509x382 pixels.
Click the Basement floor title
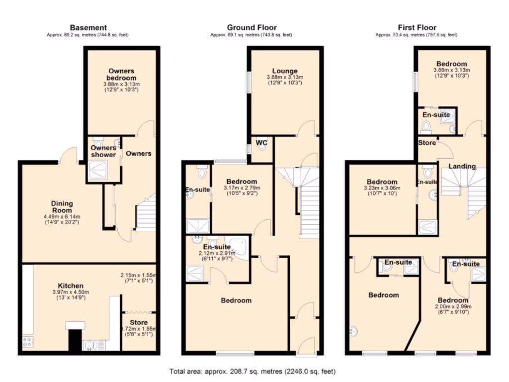pos(88,27)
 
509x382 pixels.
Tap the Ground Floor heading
pos(252,27)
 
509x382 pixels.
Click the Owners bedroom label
pos(121,75)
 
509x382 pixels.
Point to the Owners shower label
pos(103,151)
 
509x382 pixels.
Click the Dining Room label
pos(62,206)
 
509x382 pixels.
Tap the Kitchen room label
pos(70,286)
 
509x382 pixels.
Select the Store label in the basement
pos(139,322)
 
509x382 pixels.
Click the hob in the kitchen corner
pos(27,342)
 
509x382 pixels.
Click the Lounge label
pos(285,71)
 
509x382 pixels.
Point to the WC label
pos(261,143)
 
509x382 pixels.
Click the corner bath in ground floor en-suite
pos(241,247)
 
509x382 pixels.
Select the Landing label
pos(462,166)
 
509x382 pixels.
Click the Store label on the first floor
pos(426,143)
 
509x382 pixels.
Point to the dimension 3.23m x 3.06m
pos(382,189)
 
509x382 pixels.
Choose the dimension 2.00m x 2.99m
pos(452,307)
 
